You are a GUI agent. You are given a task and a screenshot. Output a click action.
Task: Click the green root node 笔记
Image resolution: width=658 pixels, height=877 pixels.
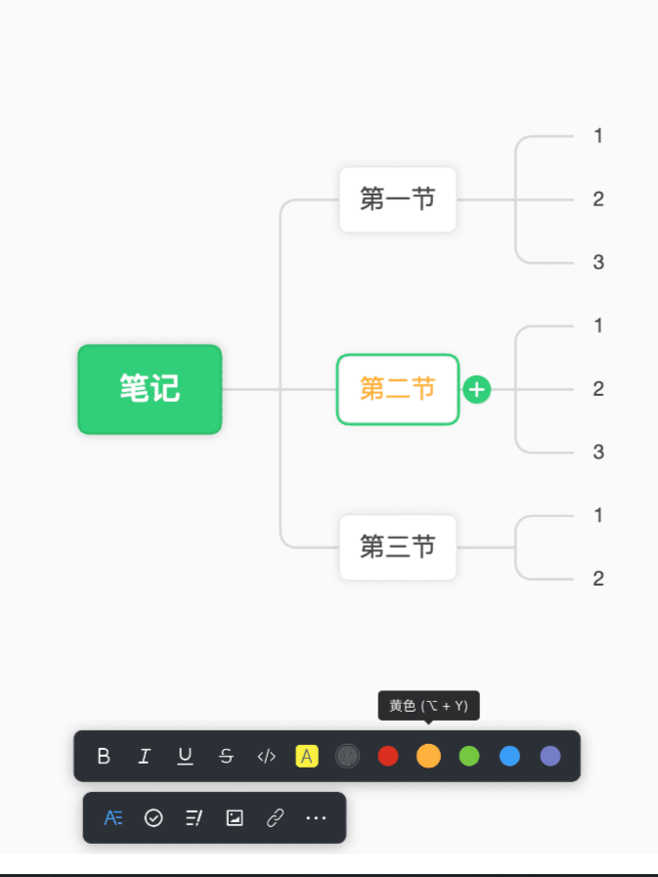[x=150, y=389]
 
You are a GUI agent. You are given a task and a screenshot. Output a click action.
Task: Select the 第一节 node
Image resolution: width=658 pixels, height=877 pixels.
[x=398, y=199]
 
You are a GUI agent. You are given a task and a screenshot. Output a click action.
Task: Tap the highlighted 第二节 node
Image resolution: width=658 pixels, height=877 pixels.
[x=398, y=389]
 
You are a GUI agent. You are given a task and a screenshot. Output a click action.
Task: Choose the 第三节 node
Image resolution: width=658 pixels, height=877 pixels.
[x=398, y=547]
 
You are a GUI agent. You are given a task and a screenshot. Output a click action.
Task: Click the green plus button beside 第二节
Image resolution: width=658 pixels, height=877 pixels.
[x=477, y=389]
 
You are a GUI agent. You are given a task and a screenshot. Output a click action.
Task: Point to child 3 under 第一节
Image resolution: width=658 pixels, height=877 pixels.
[x=598, y=262]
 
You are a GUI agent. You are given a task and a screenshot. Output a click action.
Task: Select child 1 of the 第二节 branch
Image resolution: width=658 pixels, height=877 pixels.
[x=598, y=326]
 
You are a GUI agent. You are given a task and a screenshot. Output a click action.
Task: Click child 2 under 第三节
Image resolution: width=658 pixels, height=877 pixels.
[x=598, y=579]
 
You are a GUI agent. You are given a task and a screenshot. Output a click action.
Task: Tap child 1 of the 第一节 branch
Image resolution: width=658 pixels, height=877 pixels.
[x=598, y=136]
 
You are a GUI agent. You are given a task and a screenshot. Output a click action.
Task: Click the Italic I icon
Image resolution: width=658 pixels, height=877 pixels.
[x=145, y=756]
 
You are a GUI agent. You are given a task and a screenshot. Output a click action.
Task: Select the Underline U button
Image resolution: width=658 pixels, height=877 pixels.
[x=185, y=756]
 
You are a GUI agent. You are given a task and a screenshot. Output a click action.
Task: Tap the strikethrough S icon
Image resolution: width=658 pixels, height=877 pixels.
[x=226, y=756]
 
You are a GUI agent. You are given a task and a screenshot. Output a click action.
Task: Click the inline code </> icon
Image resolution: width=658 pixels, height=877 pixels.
[x=266, y=756]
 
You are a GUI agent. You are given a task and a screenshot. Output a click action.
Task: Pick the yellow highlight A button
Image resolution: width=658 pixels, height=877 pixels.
[x=307, y=756]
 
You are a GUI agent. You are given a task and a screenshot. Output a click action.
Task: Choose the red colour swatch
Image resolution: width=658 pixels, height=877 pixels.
[x=388, y=756]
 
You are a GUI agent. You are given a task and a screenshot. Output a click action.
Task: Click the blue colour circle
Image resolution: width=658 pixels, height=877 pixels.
[x=509, y=756]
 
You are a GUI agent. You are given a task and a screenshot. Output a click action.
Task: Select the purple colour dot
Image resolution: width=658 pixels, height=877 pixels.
[x=550, y=756]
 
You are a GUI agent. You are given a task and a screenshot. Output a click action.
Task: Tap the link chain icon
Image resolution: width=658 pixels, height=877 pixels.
[x=276, y=817]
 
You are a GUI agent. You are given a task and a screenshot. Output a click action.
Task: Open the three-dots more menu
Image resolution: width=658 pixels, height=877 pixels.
[x=316, y=817]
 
